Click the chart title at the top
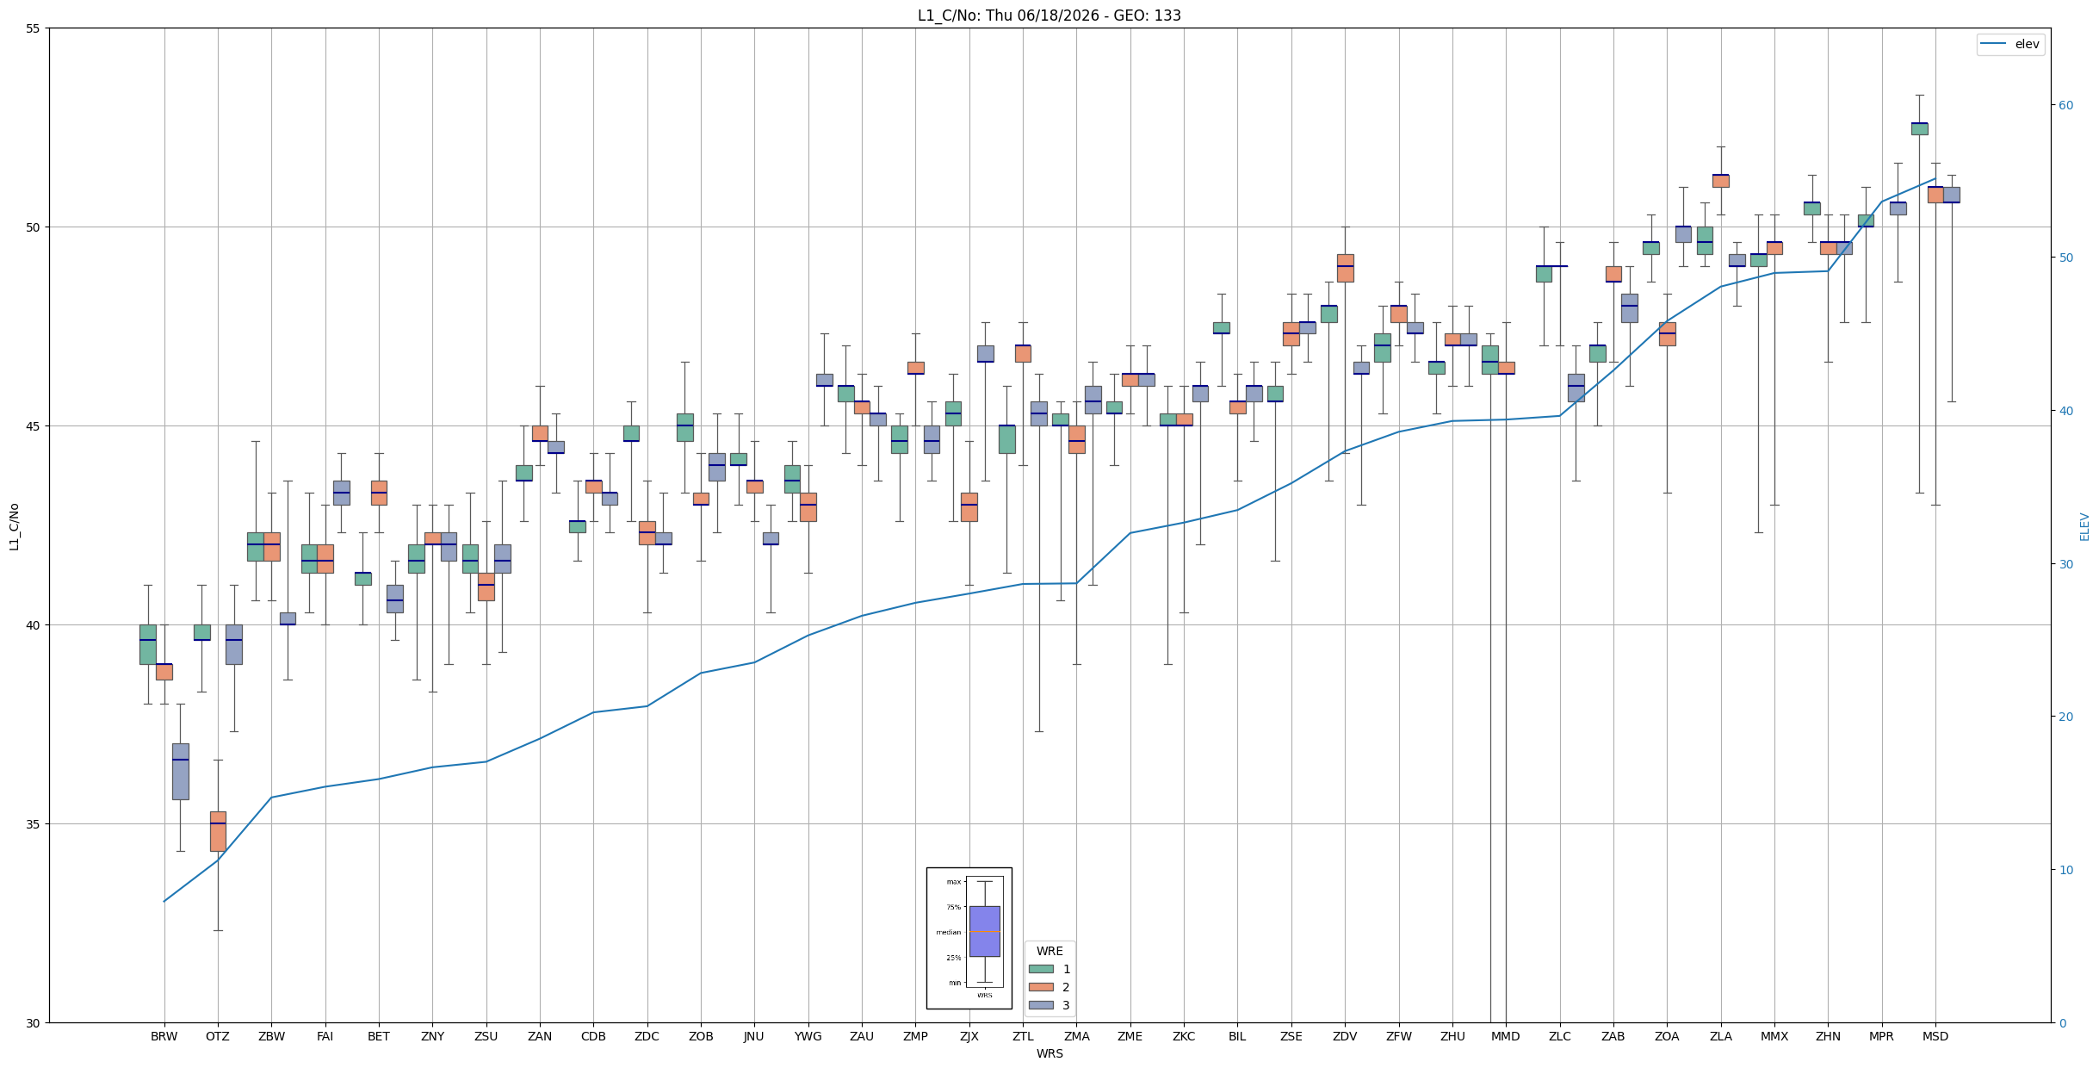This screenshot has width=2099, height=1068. pyautogui.click(x=1049, y=16)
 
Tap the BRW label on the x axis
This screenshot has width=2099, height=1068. pyautogui.click(x=164, y=1036)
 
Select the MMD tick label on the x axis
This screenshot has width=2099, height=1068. pyautogui.click(x=1506, y=1036)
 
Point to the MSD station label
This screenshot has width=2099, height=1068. pyautogui.click(x=1935, y=1036)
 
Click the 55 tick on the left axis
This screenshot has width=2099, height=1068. pyautogui.click(x=34, y=28)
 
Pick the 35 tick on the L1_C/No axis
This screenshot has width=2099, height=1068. pyautogui.click(x=34, y=824)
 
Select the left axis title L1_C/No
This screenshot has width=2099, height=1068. pyautogui.click(x=14, y=526)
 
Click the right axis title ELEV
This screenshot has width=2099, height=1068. pyautogui.click(x=2084, y=526)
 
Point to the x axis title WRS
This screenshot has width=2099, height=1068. pyautogui.click(x=1049, y=1053)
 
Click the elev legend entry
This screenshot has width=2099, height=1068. pyautogui.click(x=2010, y=44)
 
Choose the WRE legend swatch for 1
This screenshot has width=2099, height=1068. pyautogui.click(x=1041, y=969)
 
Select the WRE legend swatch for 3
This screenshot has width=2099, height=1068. pyautogui.click(x=1041, y=1005)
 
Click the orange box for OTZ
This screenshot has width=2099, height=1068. pyautogui.click(x=218, y=831)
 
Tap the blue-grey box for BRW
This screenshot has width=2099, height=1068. pyautogui.click(x=180, y=772)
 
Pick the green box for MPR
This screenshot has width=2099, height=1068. pyautogui.click(x=1866, y=220)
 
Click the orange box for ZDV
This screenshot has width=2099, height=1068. pyautogui.click(x=1345, y=268)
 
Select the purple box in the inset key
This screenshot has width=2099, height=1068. pyautogui.click(x=984, y=931)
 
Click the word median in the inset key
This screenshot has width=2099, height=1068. pyautogui.click(x=948, y=932)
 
